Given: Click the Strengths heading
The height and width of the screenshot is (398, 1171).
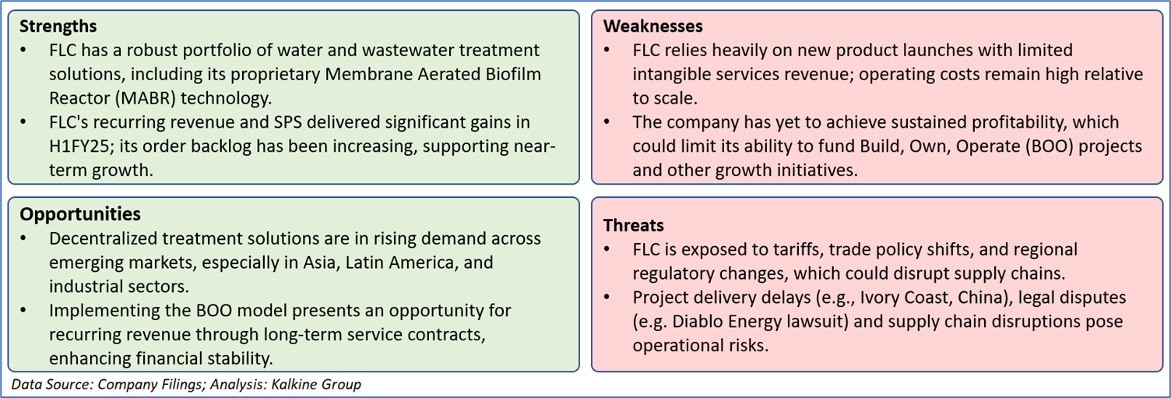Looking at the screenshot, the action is click(58, 26).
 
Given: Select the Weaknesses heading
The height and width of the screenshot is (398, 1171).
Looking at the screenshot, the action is click(653, 26).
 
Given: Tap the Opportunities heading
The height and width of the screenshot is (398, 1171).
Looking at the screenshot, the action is click(80, 214).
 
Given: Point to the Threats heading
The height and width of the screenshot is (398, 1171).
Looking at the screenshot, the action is click(634, 225).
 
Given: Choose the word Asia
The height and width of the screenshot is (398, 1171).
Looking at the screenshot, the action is click(321, 262).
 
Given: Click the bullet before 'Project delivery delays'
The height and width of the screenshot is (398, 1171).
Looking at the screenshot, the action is click(607, 298).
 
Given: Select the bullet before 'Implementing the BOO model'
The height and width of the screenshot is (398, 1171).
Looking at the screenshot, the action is click(23, 311).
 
